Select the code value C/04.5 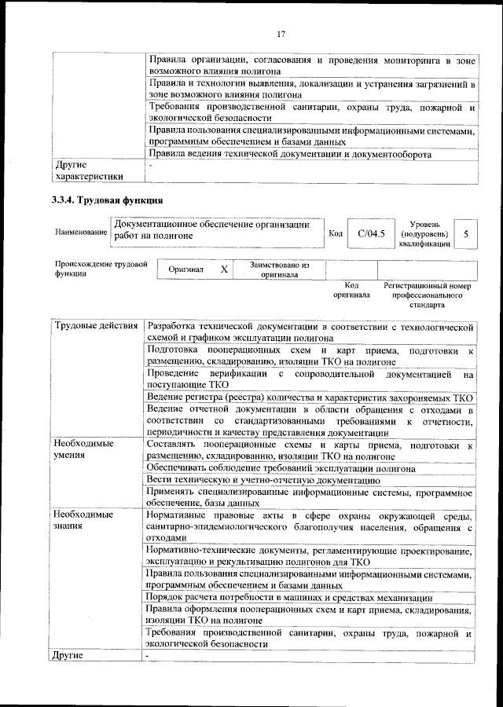[x=369, y=233]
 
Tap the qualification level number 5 [x=466, y=233]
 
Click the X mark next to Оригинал [x=223, y=269]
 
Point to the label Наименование [x=81, y=233]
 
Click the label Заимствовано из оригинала [x=280, y=269]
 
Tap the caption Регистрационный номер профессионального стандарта [x=427, y=295]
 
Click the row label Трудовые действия [x=97, y=326]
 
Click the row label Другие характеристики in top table [x=89, y=170]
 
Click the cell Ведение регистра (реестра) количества [x=310, y=397]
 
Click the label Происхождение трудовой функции [x=101, y=269]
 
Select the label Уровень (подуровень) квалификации [x=424, y=233]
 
